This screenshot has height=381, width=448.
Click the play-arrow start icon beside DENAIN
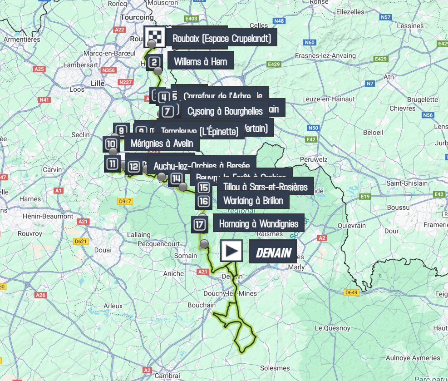(x=231, y=251)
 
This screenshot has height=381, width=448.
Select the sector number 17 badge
(x=200, y=224)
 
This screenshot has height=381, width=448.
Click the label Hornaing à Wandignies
(x=258, y=223)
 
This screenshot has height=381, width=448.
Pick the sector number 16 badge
(x=204, y=201)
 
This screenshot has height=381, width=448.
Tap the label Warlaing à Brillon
(x=253, y=201)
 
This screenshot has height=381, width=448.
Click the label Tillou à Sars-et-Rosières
(x=265, y=187)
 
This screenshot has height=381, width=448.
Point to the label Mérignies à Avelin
(x=161, y=143)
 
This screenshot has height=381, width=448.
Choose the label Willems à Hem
(x=200, y=61)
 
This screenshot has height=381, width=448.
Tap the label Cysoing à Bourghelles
(x=225, y=111)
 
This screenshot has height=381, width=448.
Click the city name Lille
(x=98, y=83)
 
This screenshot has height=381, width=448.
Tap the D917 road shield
(x=124, y=201)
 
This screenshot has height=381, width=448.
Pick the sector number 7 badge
(x=167, y=111)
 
